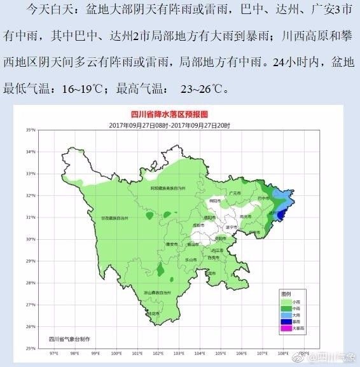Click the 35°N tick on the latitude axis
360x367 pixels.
31,130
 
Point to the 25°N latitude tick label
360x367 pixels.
31,349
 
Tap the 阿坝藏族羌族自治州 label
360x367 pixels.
167,188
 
